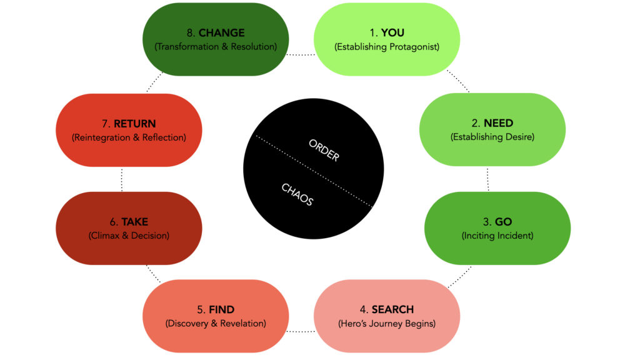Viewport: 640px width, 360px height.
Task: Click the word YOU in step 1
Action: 392,32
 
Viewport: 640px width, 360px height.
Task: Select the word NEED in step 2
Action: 498,123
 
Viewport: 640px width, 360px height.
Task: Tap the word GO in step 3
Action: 503,222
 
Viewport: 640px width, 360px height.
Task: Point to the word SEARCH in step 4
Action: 392,309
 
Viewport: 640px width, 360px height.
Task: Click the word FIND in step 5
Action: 222,309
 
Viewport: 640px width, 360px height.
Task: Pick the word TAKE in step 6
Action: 134,222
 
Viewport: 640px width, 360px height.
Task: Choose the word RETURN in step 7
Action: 134,124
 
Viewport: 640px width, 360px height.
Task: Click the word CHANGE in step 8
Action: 221,32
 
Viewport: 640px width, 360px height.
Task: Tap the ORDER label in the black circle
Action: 324,150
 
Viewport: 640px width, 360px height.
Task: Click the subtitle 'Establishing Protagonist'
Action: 386,47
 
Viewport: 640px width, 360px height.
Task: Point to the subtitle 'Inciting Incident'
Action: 497,236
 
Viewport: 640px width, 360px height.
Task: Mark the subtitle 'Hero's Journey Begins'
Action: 386,324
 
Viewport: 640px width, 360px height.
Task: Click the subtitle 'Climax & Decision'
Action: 129,236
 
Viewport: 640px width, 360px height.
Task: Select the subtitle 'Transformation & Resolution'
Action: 215,47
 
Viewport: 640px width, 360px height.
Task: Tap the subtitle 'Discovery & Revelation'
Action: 215,324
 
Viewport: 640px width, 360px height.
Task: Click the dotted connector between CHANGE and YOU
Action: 301,55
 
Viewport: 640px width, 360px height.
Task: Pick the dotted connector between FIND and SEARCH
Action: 301,331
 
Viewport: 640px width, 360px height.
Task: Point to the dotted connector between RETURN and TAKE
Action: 121,179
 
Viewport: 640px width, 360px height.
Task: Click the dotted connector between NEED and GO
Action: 488,179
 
